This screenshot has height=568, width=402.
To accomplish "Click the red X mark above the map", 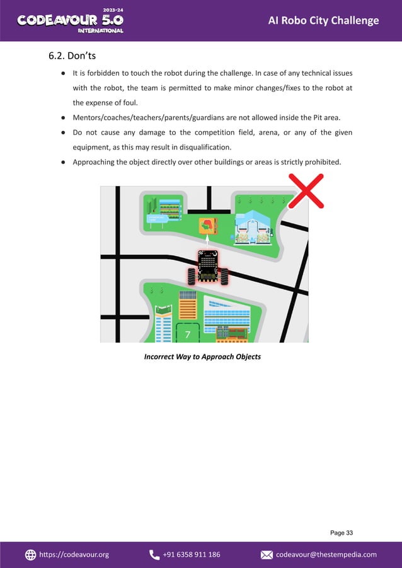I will click(x=306, y=190).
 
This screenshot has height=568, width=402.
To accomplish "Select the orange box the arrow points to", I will click(x=207, y=225).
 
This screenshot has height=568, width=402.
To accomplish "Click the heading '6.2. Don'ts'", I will click(x=72, y=57).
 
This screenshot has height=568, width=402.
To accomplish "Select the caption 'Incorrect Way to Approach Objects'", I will click(x=202, y=357).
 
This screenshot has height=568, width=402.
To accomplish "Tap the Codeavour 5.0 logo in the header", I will click(x=70, y=20).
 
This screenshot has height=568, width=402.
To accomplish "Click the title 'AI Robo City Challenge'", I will click(x=323, y=21).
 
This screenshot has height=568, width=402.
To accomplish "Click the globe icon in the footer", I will click(x=30, y=554).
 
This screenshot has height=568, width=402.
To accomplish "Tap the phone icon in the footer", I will click(x=154, y=554).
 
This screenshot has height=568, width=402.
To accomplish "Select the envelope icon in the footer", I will click(x=267, y=554).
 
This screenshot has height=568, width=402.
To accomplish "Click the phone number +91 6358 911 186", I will click(x=192, y=554).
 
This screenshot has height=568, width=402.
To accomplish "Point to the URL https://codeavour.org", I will click(x=74, y=554).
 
